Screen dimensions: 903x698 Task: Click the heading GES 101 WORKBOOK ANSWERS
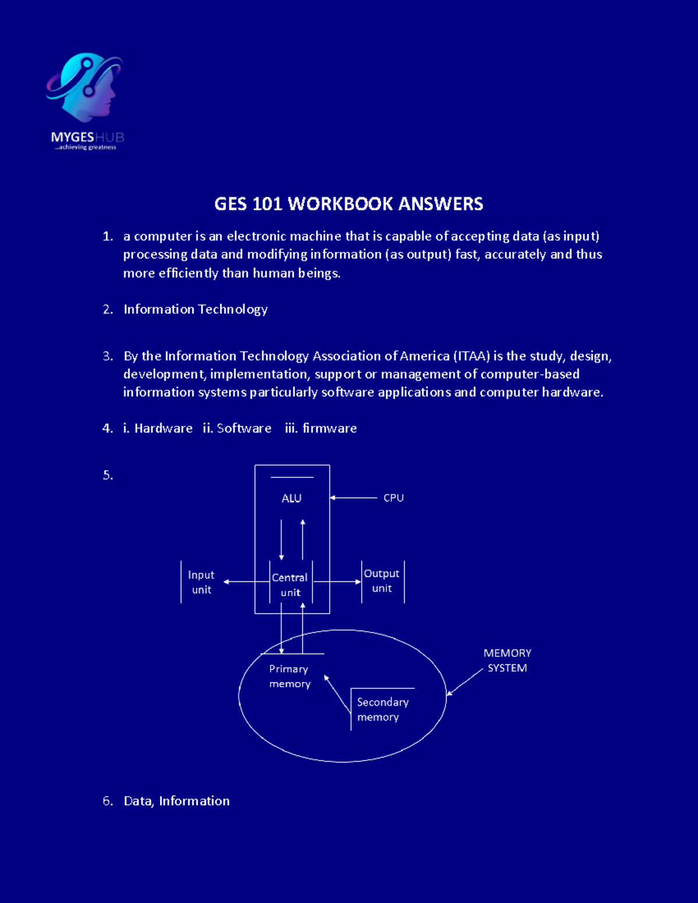tap(348, 204)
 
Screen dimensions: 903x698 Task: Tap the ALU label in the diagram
tap(291, 498)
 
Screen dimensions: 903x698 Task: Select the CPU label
tap(393, 498)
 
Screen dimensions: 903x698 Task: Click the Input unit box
tap(201, 582)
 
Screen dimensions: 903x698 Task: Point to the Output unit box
tap(382, 581)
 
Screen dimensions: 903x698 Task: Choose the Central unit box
tap(290, 584)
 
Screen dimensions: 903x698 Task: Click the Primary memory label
tap(290, 676)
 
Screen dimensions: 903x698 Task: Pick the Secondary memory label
tap(382, 709)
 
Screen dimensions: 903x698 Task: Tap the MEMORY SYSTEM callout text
tap(507, 661)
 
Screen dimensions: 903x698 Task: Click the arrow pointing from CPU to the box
tap(354, 498)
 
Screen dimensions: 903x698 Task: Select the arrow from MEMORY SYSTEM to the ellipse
tap(465, 682)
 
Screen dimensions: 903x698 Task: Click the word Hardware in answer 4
tap(163, 429)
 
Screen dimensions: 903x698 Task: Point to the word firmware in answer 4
tap(329, 429)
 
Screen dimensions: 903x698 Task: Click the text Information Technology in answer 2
tap(195, 309)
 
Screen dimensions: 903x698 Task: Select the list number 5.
tap(108, 475)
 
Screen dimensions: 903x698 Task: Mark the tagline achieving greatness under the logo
tap(86, 148)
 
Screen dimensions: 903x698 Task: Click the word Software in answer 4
tap(244, 429)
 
